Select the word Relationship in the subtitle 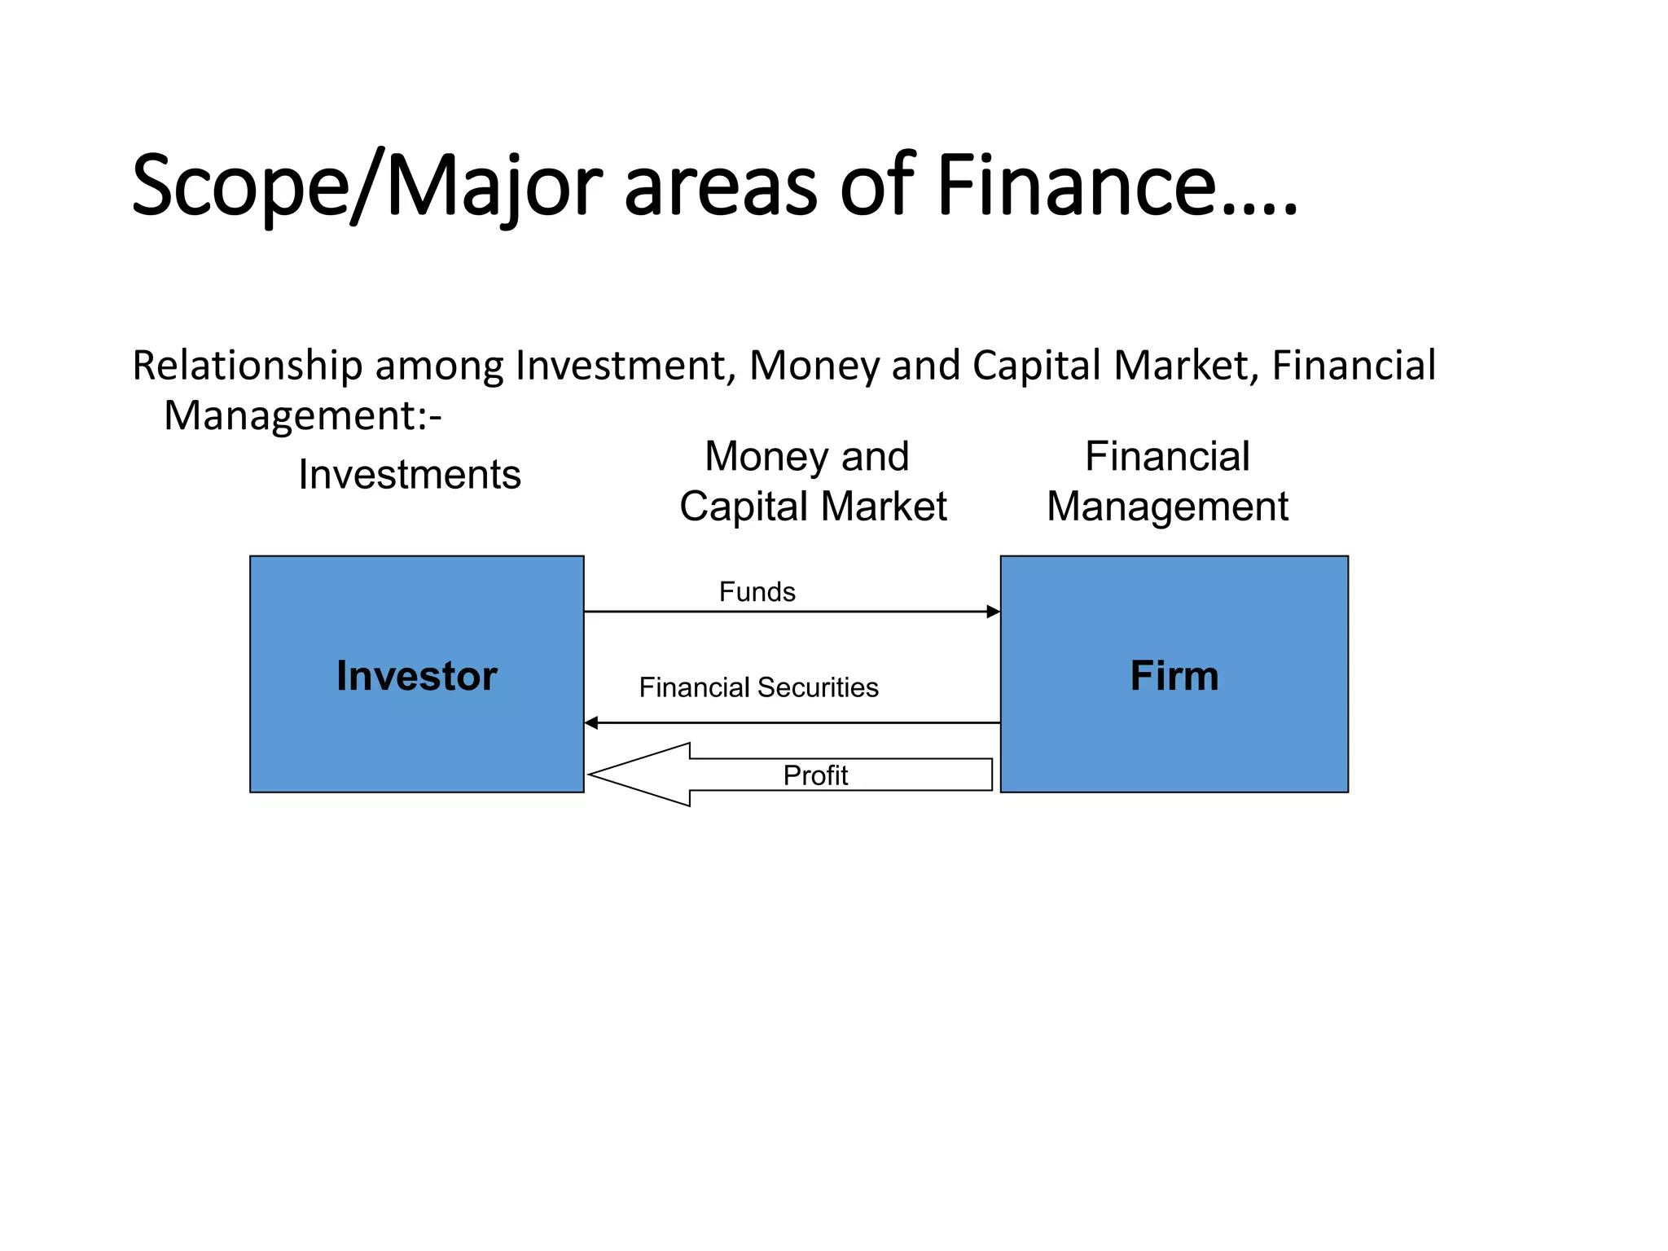[x=247, y=366]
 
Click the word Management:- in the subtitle [x=302, y=416]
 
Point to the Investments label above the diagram [x=410, y=475]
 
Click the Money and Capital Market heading [x=812, y=481]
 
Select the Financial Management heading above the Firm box [x=1167, y=481]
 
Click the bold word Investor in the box [x=416, y=676]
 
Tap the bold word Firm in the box [x=1174, y=676]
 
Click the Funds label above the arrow [x=757, y=592]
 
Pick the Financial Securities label [x=758, y=688]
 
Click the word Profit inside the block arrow [x=815, y=775]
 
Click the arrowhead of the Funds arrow [x=993, y=612]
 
